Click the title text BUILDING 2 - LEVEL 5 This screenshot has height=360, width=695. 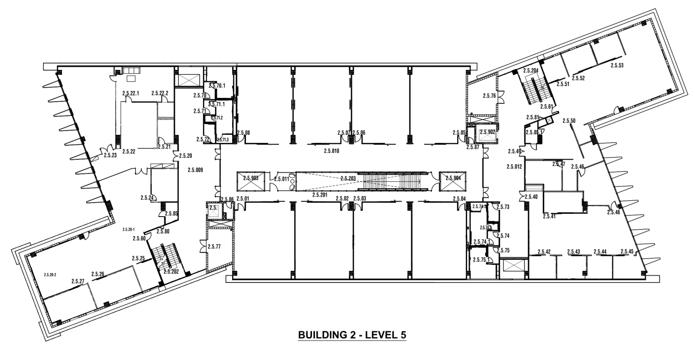[x=352, y=335]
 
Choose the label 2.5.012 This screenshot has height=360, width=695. [x=514, y=167]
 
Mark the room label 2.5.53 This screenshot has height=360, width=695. [x=617, y=65]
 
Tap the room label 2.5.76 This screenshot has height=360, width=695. [x=489, y=96]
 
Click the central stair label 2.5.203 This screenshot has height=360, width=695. [x=347, y=178]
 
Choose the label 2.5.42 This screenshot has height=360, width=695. [x=545, y=251]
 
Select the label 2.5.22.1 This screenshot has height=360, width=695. [x=130, y=93]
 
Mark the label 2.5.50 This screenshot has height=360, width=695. [x=569, y=121]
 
